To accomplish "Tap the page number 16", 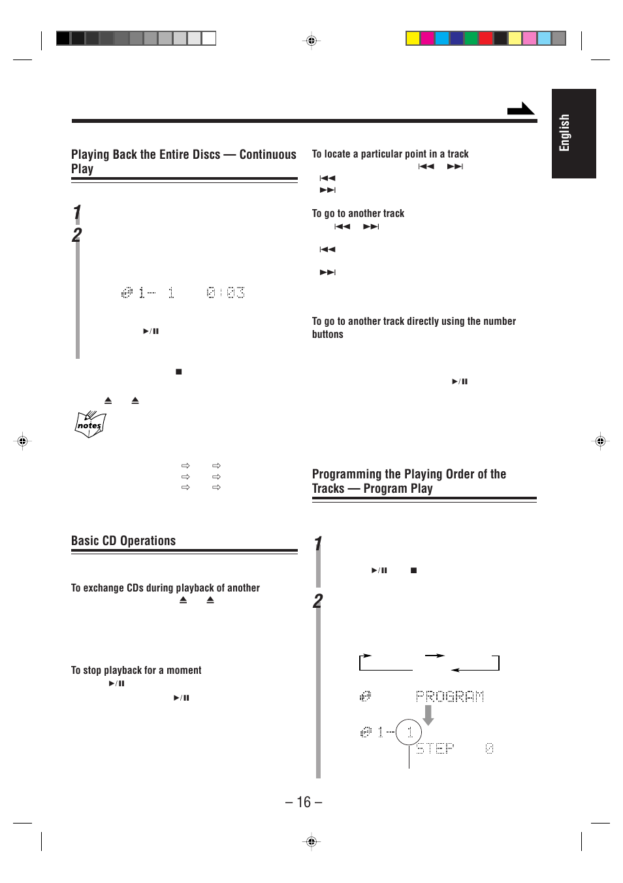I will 304,802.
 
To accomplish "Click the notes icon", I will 90,424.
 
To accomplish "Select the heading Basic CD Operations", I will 123,541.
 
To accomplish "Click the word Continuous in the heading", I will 268,154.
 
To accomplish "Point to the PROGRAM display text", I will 450,697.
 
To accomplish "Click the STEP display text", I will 435,748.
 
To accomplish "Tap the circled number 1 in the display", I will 409,732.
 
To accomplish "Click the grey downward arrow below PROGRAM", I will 428,715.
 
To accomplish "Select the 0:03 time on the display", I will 226,293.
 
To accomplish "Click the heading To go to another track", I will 358,214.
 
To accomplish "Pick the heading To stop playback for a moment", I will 136,671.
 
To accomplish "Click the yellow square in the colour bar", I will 413,39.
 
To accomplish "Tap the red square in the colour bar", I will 485,39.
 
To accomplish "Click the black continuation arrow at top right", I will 520,109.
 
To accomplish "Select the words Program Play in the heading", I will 398,489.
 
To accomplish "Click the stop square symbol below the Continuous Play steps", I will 178,372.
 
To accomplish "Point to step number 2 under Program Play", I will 317,601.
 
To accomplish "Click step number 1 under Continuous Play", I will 77,212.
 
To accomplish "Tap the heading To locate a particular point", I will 390,154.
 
